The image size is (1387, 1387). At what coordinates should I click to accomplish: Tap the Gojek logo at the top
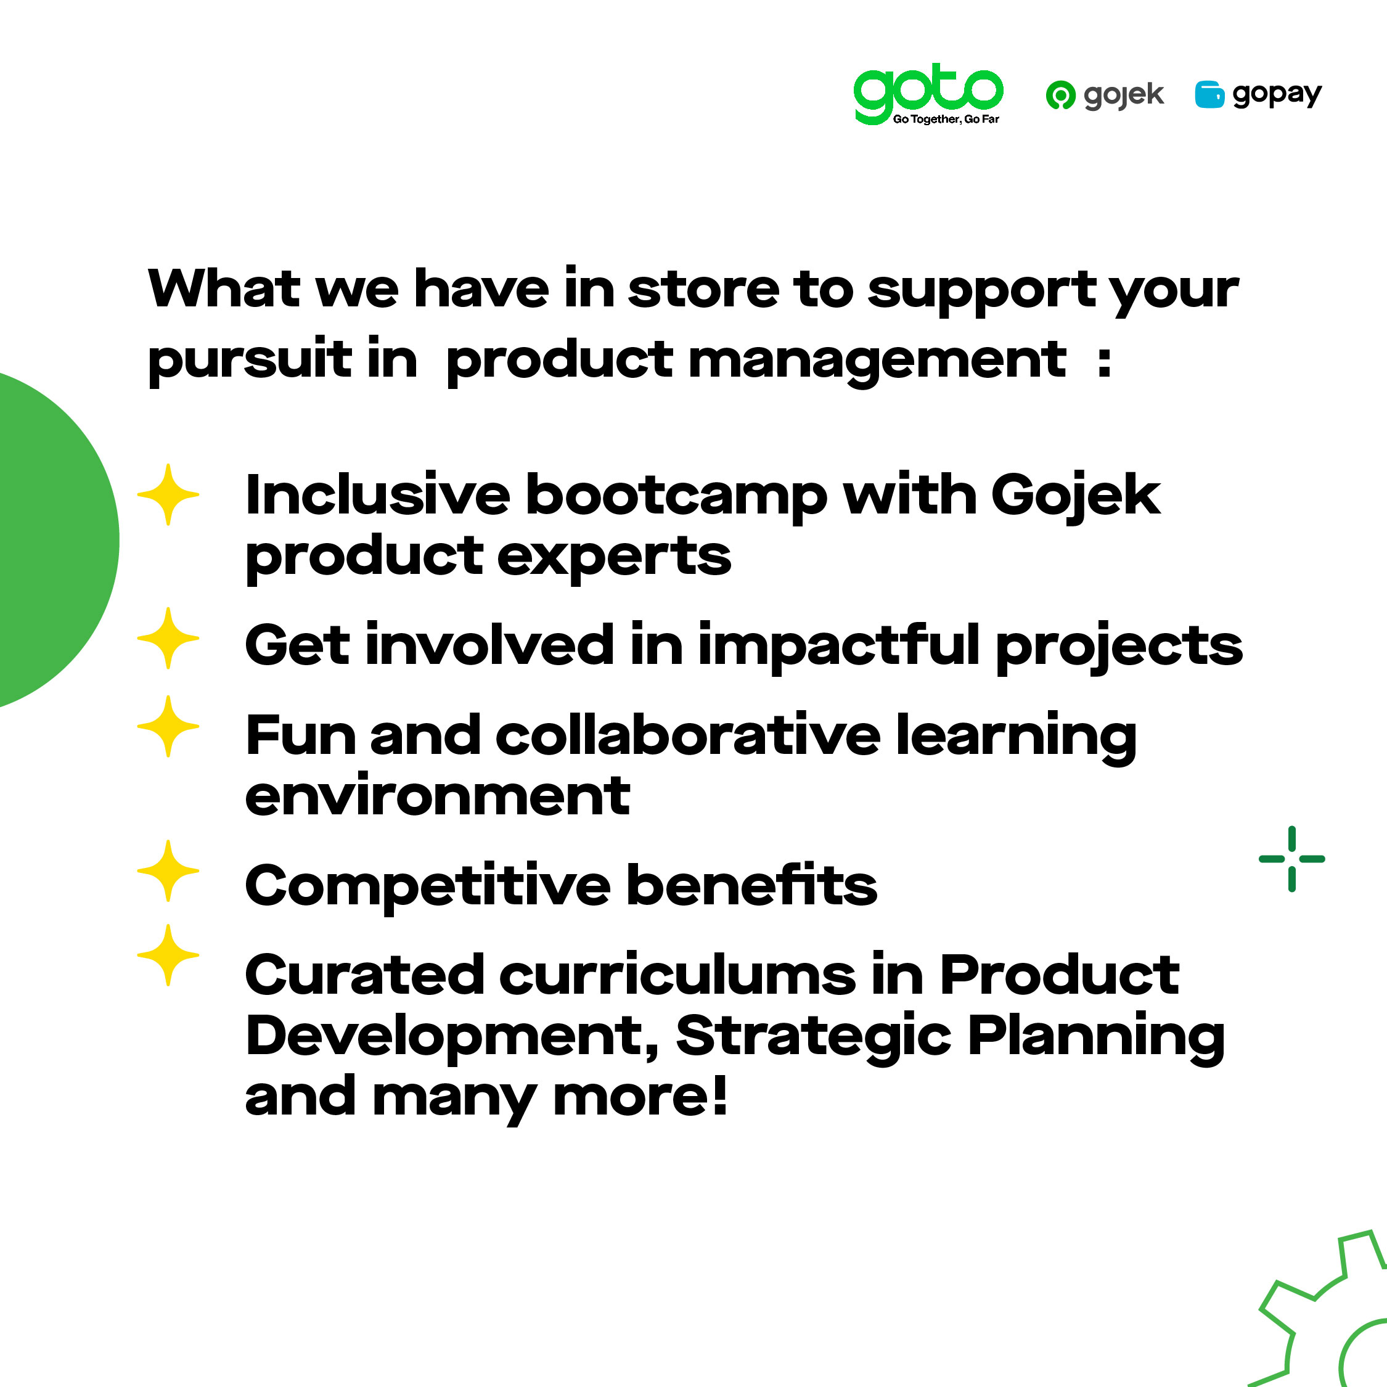(1105, 95)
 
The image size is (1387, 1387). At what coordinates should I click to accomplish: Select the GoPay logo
(1258, 95)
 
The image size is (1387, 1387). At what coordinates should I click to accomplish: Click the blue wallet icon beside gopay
(1209, 95)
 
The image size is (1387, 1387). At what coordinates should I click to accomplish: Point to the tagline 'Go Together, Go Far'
(946, 119)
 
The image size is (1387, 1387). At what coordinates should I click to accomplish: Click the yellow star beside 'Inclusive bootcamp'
(168, 494)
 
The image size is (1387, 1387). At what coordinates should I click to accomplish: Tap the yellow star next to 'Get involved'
(168, 638)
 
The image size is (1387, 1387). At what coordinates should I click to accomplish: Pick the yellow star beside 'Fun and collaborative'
(168, 726)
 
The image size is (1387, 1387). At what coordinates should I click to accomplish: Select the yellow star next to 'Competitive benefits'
(168, 871)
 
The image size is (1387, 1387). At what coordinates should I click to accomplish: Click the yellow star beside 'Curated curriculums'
(168, 955)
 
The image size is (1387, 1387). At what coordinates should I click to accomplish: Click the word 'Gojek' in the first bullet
(1076, 497)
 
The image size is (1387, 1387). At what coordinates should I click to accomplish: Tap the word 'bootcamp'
(676, 497)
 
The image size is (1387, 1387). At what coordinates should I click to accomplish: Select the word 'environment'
(437, 796)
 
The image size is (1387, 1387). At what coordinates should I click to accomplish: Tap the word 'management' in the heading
(877, 362)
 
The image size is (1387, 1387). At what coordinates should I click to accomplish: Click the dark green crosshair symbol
(1291, 859)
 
